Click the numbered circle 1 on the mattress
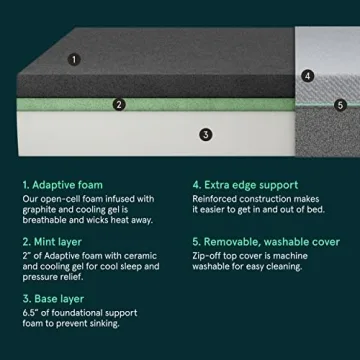74,59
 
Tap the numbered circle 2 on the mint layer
119,102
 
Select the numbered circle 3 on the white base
206,133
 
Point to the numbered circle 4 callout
308,74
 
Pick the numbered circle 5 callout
340,104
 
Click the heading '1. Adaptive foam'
62,184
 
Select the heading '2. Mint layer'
54,241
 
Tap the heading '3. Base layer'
54,298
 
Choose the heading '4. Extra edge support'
245,184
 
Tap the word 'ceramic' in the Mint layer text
138,256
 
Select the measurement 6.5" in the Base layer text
30,313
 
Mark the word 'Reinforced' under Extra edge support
216,199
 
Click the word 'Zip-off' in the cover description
208,256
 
